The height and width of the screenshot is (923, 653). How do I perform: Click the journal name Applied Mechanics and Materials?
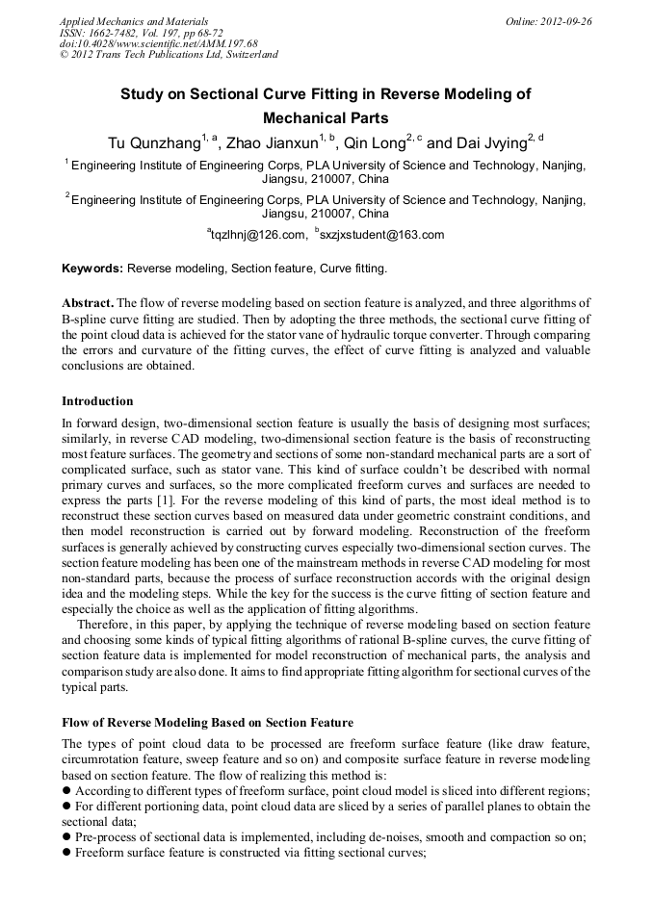click(133, 20)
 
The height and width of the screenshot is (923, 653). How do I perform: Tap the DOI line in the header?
click(158, 43)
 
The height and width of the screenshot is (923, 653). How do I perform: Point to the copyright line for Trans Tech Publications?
click(169, 55)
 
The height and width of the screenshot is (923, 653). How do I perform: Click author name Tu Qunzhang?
click(153, 143)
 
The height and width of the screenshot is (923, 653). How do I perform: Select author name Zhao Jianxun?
click(271, 143)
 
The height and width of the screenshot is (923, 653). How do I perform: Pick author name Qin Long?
click(375, 143)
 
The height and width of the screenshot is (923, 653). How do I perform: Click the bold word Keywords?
click(91, 269)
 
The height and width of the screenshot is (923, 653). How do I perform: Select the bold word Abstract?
click(88, 302)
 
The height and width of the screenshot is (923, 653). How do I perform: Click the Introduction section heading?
click(97, 400)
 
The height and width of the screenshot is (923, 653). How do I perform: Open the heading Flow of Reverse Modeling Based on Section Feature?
click(207, 723)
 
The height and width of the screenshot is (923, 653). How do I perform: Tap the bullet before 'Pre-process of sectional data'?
click(66, 837)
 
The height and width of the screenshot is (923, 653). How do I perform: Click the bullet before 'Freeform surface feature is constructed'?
click(66, 852)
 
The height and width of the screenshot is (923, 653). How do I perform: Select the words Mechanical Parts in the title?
click(326, 118)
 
